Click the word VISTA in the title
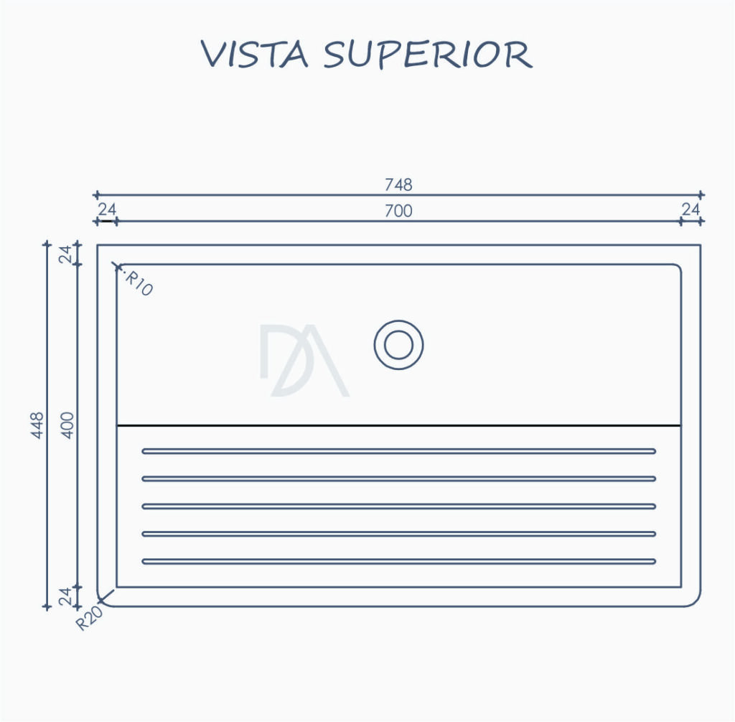coord(255,54)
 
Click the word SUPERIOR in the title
coord(428,55)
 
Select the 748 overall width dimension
coord(398,185)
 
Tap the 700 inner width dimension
coord(398,211)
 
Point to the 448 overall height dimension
coord(37,425)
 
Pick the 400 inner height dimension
coord(68,425)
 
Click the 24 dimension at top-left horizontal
coord(107,209)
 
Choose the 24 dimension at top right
coord(690,209)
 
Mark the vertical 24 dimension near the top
coord(67,254)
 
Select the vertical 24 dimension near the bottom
coord(67,596)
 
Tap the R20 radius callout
coord(89,619)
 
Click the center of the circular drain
coord(399,345)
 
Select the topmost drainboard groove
coord(399,451)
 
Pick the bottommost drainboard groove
coord(399,561)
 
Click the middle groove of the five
coord(399,506)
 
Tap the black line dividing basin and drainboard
coord(399,425)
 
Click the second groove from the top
coord(399,478)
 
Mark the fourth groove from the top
coord(399,534)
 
